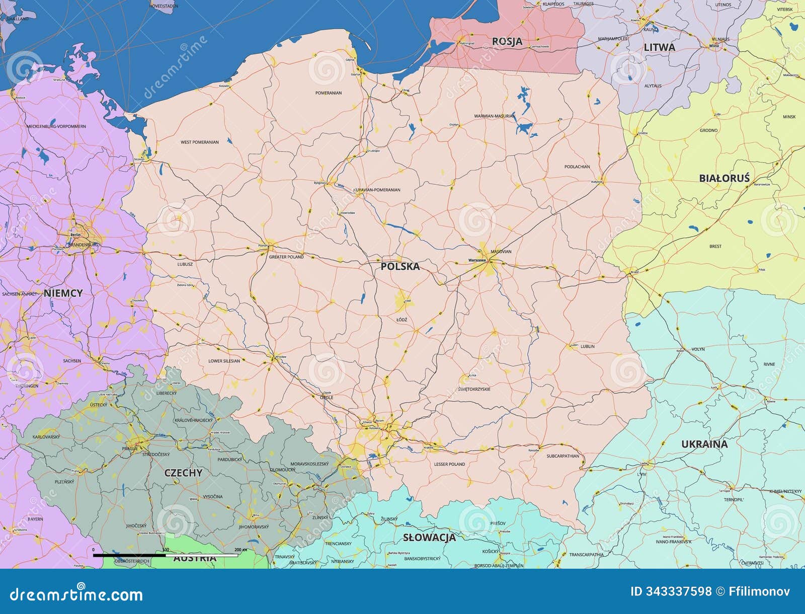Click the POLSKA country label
[x=400, y=266]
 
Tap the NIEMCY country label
[x=63, y=293]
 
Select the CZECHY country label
[x=183, y=473]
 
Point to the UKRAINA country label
[x=704, y=444]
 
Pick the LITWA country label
[x=659, y=47]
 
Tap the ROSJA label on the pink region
[x=507, y=41]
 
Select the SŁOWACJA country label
[x=429, y=537]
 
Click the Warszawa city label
[x=476, y=260]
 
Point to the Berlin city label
[x=75, y=235]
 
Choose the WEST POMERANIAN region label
[x=200, y=142]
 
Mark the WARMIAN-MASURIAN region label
[x=495, y=116]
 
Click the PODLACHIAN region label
[x=577, y=167]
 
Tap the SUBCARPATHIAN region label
[x=562, y=456]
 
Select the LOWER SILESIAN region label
[x=224, y=361]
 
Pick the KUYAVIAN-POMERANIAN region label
[x=377, y=190]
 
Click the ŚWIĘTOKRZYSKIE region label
[x=474, y=389]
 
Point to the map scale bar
[x=166, y=556]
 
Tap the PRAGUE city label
[x=129, y=448]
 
